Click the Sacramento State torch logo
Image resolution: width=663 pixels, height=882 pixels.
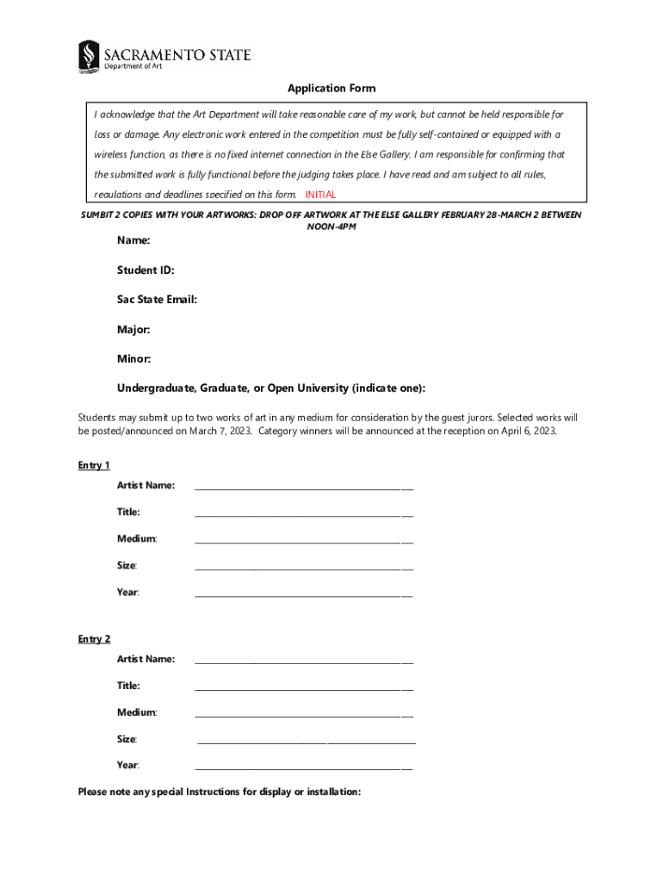coord(89,57)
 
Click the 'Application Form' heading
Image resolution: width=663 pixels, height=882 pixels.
coord(331,89)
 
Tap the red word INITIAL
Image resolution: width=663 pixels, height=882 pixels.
coord(320,195)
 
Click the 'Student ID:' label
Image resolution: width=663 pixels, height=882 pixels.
coord(146,270)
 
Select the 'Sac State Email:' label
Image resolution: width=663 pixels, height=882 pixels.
coord(158,300)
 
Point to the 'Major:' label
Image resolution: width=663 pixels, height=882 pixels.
coord(133,329)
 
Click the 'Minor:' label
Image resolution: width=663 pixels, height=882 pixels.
coord(134,358)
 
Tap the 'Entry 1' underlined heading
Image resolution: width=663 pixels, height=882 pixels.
coord(94,466)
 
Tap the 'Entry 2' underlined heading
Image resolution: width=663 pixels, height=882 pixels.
coord(94,639)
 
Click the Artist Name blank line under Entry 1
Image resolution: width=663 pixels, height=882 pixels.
coord(304,488)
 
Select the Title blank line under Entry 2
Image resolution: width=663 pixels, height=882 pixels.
coord(304,689)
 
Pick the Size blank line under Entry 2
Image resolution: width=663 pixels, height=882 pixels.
coord(307,742)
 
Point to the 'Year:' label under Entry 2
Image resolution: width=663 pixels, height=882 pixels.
coord(128,765)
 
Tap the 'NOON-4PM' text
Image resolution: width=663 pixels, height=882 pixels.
coord(331,227)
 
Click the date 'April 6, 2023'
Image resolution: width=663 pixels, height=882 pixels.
coord(529,432)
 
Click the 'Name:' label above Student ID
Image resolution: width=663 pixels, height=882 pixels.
coord(133,241)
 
